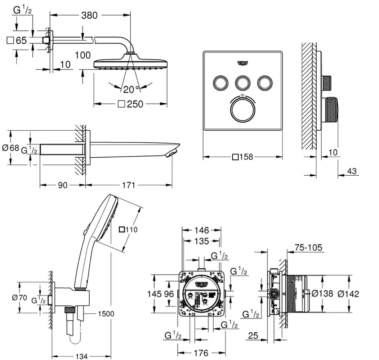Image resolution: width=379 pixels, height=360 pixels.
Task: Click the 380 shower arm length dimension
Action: pos(89,15)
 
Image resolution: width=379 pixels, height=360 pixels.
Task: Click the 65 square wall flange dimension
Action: pos(17,40)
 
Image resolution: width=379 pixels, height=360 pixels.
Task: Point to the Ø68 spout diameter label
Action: pos(10,147)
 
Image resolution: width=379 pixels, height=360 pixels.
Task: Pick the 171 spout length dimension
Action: pos(128,185)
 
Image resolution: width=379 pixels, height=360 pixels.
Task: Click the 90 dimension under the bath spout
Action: pos(63,185)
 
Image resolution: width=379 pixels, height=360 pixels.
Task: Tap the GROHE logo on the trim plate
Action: pos(242,63)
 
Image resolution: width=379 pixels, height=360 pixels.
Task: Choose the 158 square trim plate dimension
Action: pos(243,157)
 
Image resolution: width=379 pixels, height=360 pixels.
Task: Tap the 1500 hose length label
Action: pos(105,314)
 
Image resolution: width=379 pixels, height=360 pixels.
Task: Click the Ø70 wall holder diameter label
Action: pos(19,297)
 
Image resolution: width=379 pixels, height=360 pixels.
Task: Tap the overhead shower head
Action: pos(130,63)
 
